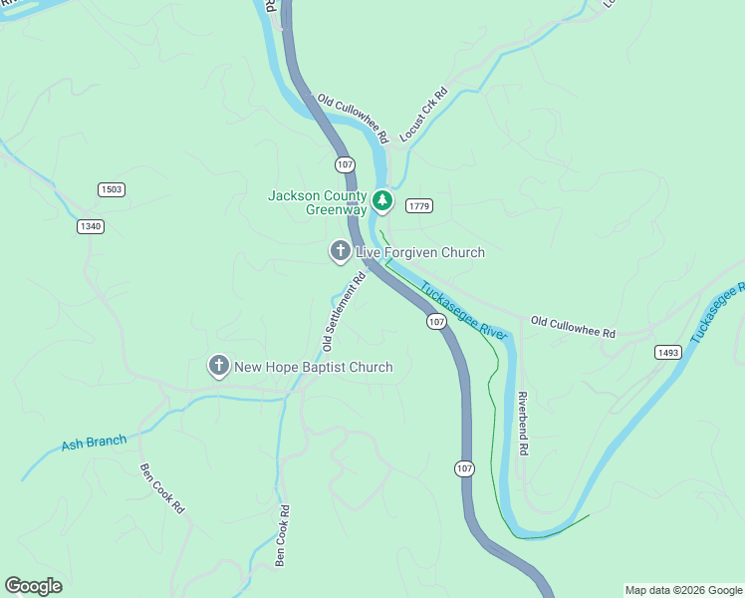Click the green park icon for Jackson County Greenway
(x=381, y=202)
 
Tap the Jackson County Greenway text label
(x=318, y=202)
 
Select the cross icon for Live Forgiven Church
(x=340, y=252)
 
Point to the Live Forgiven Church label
(x=420, y=253)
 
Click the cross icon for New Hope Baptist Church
(x=218, y=367)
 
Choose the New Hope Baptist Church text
(x=314, y=368)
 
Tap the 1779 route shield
(x=418, y=205)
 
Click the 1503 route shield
(x=112, y=189)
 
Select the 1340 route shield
(x=90, y=226)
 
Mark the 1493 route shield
(x=668, y=352)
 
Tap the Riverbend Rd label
(x=522, y=424)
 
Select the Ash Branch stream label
(x=94, y=443)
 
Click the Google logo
(x=33, y=586)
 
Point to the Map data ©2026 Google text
(x=682, y=590)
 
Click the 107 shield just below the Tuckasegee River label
(x=436, y=321)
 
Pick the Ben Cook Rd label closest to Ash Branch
(x=162, y=488)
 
